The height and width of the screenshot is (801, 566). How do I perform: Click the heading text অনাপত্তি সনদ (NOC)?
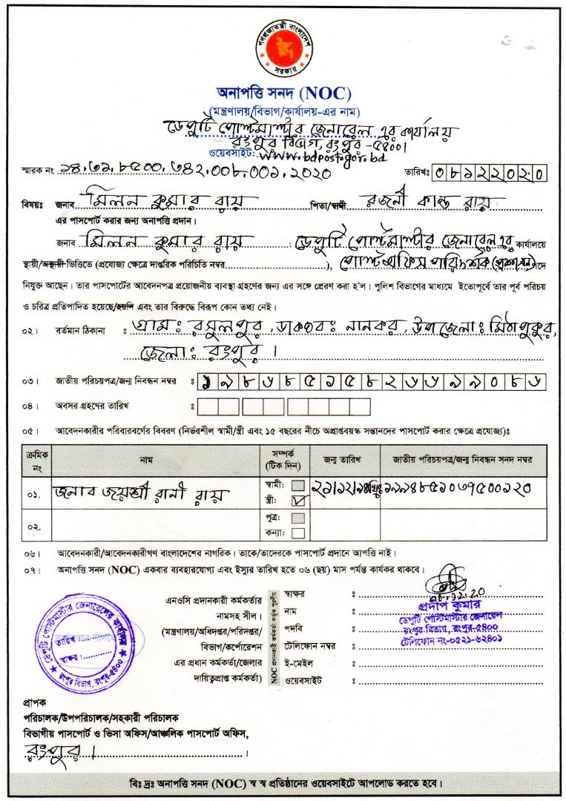[283, 93]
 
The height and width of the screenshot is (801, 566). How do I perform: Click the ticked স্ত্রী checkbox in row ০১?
[298, 501]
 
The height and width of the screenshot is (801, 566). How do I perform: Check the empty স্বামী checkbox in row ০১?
[298, 486]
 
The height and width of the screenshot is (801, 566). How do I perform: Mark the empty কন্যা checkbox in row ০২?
[298, 533]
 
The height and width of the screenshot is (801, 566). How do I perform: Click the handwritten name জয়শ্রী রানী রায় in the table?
[141, 492]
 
